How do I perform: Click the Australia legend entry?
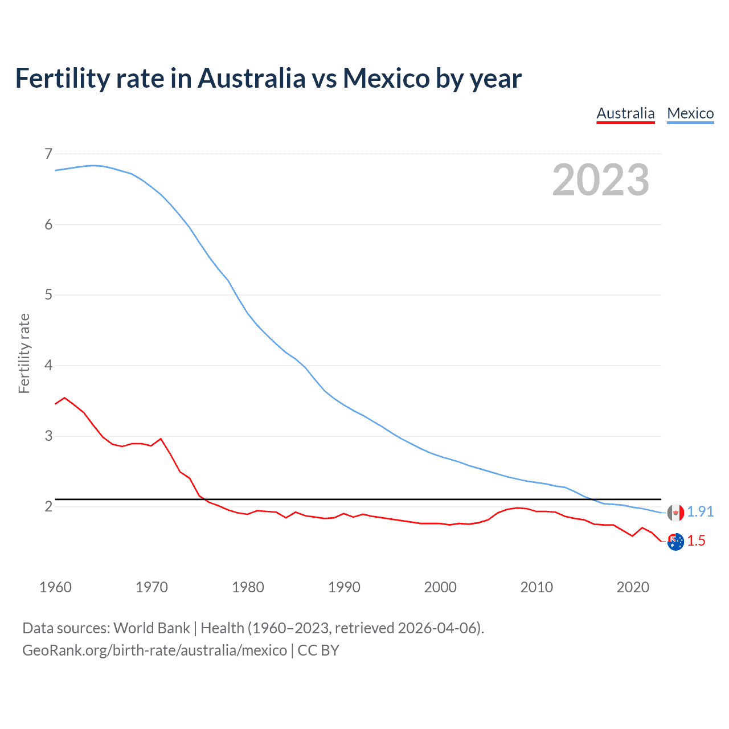coord(625,113)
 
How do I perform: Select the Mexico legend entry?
coord(690,113)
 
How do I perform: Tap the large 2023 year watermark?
coord(600,180)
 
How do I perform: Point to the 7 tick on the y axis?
coord(48,154)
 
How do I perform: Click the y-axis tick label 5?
coord(48,294)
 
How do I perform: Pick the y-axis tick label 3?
coord(48,436)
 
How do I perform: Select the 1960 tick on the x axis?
coord(55,587)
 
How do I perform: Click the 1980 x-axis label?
coord(248,587)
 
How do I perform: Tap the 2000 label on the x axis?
coord(440,587)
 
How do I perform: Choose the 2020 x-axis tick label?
coord(633,587)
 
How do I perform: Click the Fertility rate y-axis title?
coord(24,353)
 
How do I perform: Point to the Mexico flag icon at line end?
coord(675,513)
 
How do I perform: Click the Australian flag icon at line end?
coord(675,542)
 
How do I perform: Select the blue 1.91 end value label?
coord(700,512)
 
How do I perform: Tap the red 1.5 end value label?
coord(696,541)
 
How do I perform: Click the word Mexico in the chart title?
coord(386,79)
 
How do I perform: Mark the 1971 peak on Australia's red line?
coord(161,439)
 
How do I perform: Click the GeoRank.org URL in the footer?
coord(154,650)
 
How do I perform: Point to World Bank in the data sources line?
coord(151,628)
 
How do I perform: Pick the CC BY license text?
coord(318,650)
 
